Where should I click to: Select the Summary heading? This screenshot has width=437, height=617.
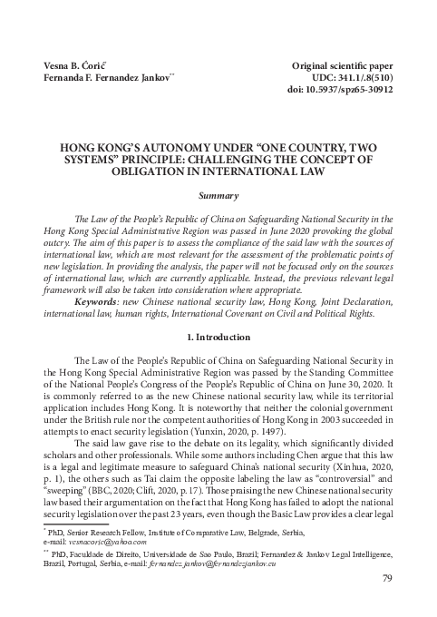pyautogui.click(x=218, y=195)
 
